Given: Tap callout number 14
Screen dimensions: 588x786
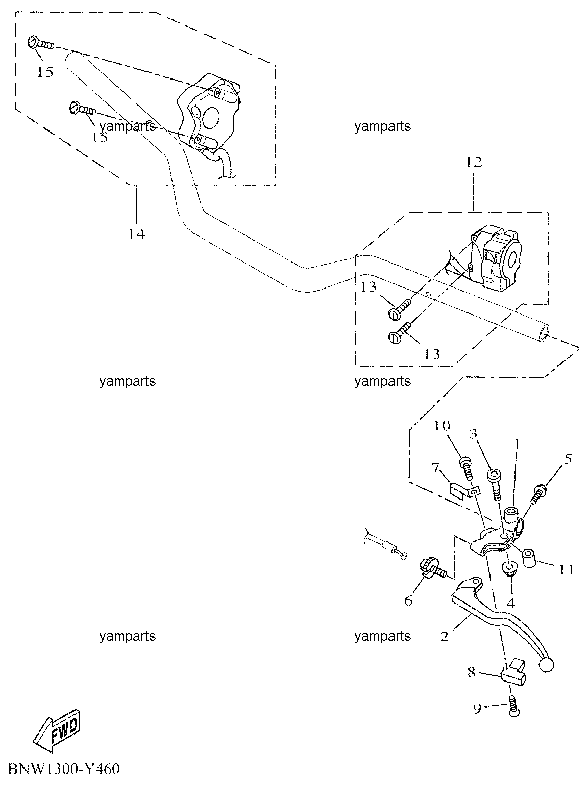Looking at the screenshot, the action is point(137,234).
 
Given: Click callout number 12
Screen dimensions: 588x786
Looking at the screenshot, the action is point(474,162).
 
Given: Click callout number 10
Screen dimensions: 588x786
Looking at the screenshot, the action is point(442,426).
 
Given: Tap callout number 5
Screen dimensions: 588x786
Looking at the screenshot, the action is point(568,459).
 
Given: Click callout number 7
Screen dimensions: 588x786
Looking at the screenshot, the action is point(435,467).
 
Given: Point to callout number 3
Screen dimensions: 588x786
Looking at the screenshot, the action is point(473,434).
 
